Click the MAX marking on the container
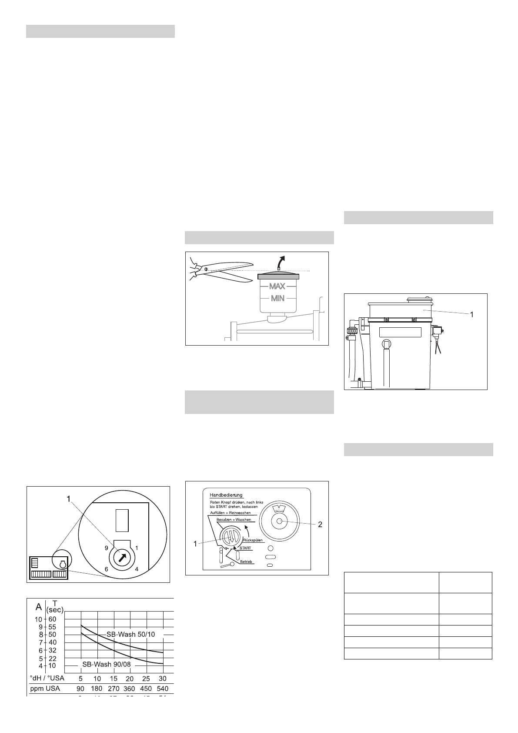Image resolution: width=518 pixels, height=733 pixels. click(277, 286)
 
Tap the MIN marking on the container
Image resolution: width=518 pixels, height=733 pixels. click(277, 299)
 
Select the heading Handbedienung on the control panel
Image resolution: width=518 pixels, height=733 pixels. click(226, 495)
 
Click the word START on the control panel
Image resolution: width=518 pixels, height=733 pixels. click(245, 548)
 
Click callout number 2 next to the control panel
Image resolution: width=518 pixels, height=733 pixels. click(320, 525)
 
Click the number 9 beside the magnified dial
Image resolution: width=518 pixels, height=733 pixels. click(106, 548)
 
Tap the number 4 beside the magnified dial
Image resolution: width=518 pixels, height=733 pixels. click(137, 569)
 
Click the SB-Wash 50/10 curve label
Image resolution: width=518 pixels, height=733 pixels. click(130, 634)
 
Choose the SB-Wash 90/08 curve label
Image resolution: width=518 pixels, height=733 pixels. click(107, 665)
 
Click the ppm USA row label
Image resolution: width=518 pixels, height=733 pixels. click(45, 689)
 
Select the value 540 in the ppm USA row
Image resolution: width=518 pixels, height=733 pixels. click(162, 689)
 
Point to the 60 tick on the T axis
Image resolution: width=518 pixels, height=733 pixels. click(53, 619)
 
